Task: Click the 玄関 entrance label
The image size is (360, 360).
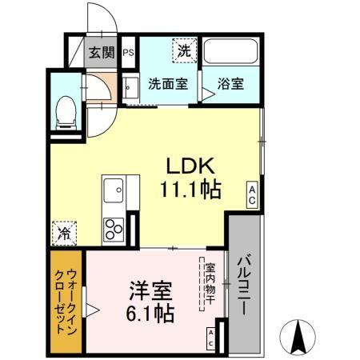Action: click(x=101, y=54)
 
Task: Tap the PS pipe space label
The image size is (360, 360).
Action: click(x=128, y=54)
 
